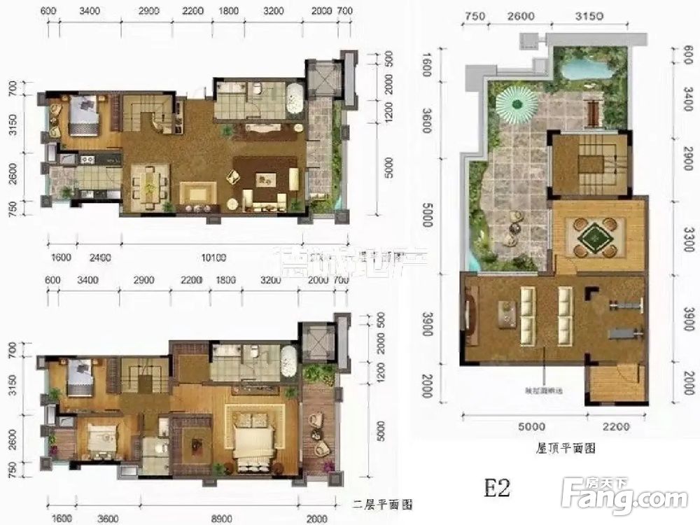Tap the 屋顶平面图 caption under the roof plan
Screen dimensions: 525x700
click(x=561, y=447)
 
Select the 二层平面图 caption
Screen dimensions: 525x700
click(x=382, y=503)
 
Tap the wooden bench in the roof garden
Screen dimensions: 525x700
click(x=595, y=110)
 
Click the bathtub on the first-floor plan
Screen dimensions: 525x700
click(x=295, y=99)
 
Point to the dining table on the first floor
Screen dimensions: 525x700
click(x=148, y=184)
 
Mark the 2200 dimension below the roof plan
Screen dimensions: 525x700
click(x=616, y=423)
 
